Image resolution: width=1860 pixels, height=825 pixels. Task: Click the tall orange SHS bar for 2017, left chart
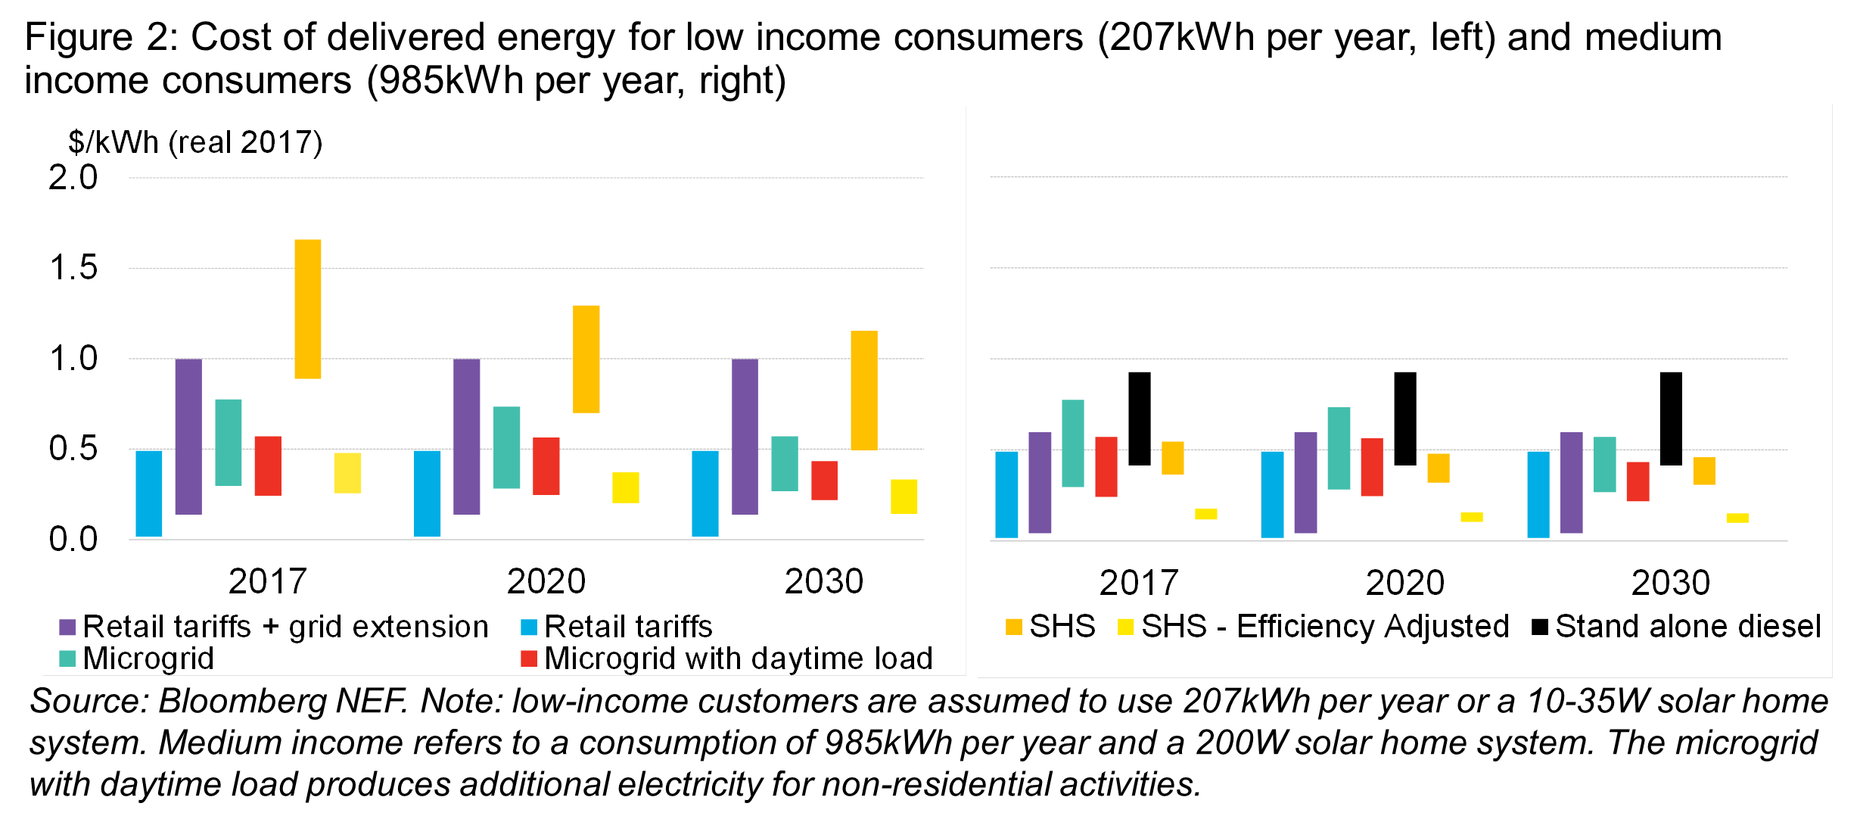307,309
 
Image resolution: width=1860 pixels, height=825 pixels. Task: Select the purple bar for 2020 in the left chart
466,437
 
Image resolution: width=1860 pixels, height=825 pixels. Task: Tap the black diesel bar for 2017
1139,419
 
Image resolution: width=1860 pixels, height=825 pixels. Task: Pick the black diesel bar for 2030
1671,419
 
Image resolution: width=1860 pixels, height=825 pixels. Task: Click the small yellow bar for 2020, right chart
1472,517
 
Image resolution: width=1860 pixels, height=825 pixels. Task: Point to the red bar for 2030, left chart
824,481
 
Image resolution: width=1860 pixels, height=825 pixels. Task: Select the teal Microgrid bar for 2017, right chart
1072,444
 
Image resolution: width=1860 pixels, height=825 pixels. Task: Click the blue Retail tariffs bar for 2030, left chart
705,493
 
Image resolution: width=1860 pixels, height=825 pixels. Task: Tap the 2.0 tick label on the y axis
73,178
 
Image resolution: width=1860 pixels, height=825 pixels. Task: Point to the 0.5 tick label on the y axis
73,449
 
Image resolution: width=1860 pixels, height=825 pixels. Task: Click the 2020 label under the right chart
1405,583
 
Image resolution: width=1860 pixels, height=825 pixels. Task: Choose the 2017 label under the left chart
267,581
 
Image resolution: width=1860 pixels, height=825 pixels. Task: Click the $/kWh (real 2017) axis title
195,142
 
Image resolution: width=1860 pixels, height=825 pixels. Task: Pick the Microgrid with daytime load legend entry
727,658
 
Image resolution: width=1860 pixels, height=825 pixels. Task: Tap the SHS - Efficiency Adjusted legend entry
1314,627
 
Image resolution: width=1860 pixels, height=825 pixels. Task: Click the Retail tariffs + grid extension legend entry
274,627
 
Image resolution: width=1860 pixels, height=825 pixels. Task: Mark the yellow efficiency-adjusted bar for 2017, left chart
347,473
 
